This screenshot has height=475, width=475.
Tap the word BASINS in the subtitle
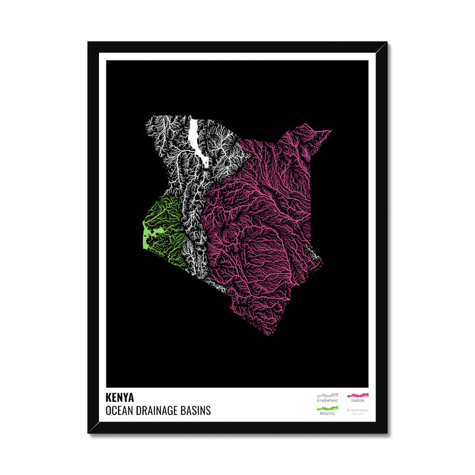pos(198,410)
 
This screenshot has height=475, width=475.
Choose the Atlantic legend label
pos(327,414)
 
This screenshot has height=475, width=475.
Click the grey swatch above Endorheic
pos(327,395)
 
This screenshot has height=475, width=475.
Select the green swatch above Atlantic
pos(327,408)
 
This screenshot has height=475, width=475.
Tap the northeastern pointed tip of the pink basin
pos(329,131)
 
